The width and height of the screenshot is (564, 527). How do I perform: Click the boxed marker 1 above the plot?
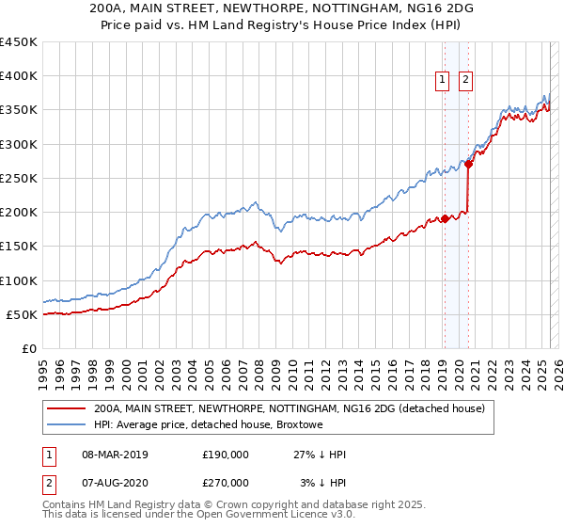pos(442,81)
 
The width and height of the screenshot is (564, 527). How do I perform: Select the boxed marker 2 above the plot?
pos(465,81)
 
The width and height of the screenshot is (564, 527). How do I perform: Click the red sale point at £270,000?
pos(468,165)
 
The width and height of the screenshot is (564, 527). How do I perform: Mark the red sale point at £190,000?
pos(444,219)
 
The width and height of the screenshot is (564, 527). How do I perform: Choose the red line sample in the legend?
pos(66,408)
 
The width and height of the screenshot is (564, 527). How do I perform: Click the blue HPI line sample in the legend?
pos(66,425)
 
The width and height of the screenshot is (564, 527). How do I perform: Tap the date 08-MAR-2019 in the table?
pos(116,455)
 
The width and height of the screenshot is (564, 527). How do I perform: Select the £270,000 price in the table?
pos(226,482)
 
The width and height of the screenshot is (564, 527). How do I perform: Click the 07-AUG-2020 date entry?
pos(116,482)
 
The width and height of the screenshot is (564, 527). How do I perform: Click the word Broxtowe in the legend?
pos(299,425)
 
